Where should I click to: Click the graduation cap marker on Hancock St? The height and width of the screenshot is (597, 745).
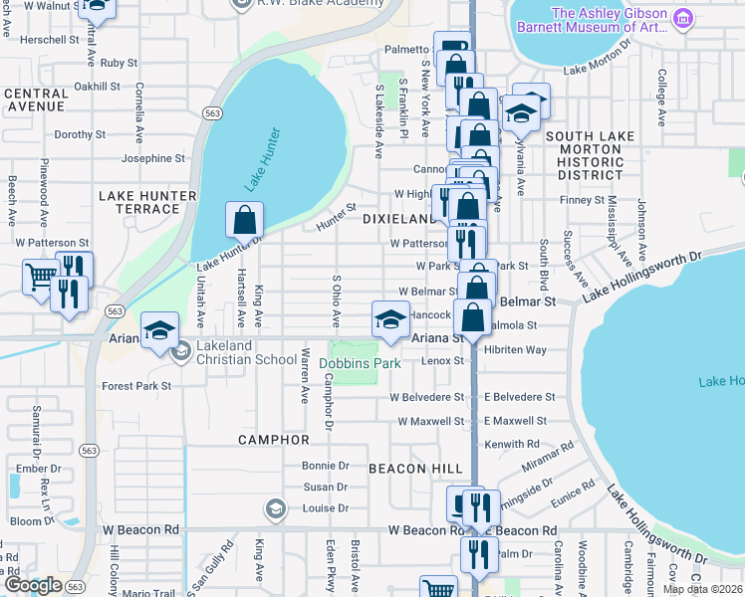pos(390,318)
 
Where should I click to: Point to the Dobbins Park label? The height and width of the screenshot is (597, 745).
pos(360,363)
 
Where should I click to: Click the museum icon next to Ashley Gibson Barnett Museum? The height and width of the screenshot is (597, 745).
pos(682,19)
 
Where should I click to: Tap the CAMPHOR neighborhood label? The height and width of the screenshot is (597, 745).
pos(274,439)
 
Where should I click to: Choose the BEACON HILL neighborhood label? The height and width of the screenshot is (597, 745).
pos(415,468)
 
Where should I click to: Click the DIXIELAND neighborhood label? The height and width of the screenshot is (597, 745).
pos(399,218)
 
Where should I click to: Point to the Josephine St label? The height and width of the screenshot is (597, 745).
pos(152,158)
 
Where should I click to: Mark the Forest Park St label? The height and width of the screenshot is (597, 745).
pos(136,386)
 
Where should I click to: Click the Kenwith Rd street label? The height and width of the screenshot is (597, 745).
pos(511,444)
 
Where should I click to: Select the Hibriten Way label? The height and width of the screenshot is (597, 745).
pos(516,350)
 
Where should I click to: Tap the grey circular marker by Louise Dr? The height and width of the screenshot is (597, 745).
pos(275,510)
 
